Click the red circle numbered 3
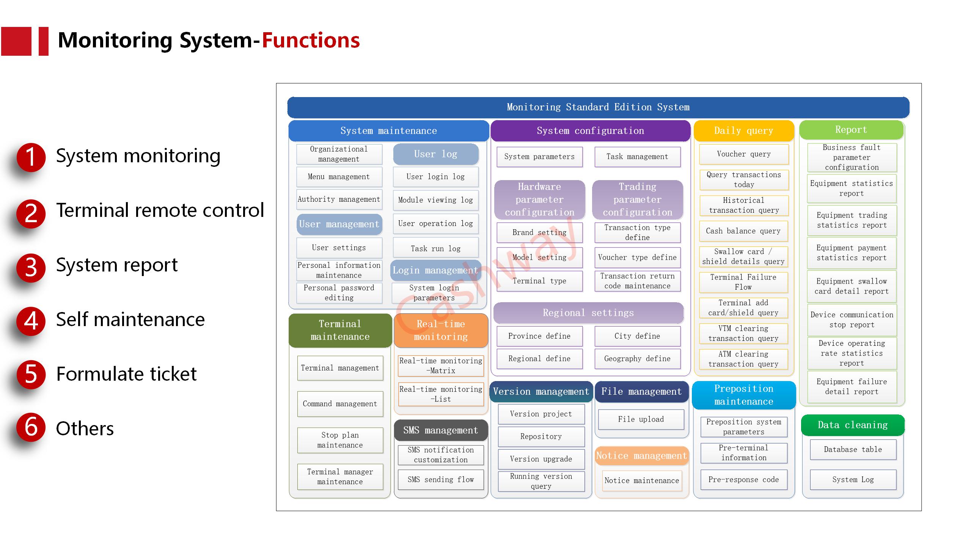pyautogui.click(x=31, y=268)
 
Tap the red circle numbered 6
pyautogui.click(x=31, y=427)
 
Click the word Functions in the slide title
pyautogui.click(x=311, y=40)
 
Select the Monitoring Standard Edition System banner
pyautogui.click(x=598, y=107)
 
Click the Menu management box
pyautogui.click(x=339, y=177)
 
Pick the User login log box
pyautogui.click(x=435, y=177)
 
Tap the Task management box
pyautogui.click(x=637, y=157)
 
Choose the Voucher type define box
pyautogui.click(x=637, y=257)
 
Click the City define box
pyautogui.click(x=637, y=336)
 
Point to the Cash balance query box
pyautogui.click(x=743, y=231)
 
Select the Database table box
pyautogui.click(x=853, y=449)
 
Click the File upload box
pyautogui.click(x=641, y=419)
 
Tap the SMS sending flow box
pyautogui.click(x=441, y=480)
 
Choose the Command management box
pyautogui.click(x=340, y=404)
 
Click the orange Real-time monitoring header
pyautogui.click(x=441, y=330)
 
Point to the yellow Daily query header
pyautogui.click(x=743, y=131)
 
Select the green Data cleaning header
pyautogui.click(x=853, y=425)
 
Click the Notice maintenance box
pyautogui.click(x=642, y=480)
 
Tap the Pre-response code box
pyautogui.click(x=743, y=480)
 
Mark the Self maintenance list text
pyautogui.click(x=130, y=320)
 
